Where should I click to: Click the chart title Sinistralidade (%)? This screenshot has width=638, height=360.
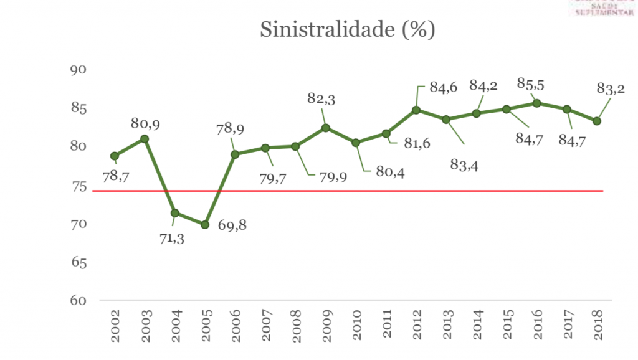tap(347, 30)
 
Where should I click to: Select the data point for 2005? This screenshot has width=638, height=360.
tap(205, 224)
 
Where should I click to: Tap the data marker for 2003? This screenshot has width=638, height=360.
tap(145, 139)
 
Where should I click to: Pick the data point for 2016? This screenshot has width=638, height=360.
tap(536, 103)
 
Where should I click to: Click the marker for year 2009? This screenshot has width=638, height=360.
tap(325, 128)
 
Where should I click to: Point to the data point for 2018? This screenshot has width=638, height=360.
tap(597, 121)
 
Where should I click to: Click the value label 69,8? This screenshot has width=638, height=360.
tap(232, 225)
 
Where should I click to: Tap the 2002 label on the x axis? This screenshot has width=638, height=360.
tap(115, 326)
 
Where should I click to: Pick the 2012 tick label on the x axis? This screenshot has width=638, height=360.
tap(417, 326)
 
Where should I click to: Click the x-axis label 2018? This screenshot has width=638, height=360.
tap(598, 326)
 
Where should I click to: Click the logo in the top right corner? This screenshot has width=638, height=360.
tap(602, 7)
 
